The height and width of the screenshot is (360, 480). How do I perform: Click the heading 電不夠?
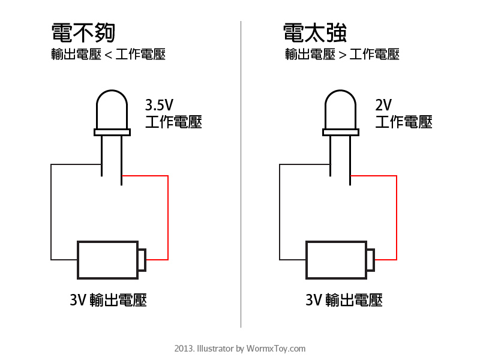pos(83,34)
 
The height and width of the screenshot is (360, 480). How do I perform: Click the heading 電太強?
pos(315,34)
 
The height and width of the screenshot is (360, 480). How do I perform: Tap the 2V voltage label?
pos(383,106)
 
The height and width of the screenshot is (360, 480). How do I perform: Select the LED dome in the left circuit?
pos(112,111)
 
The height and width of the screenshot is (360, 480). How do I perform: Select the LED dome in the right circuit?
pos(341,111)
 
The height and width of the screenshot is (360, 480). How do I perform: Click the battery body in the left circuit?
pos(107,260)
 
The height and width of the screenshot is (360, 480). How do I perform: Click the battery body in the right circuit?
pos(337,260)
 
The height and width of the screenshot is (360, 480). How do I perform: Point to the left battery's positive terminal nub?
pos(142,260)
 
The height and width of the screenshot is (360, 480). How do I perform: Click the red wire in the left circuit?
pos(168,216)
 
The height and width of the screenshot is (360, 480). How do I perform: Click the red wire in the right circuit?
pos(397,216)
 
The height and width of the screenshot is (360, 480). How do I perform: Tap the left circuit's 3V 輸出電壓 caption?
pos(108,299)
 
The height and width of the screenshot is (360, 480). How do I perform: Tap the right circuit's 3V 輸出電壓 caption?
pos(344,299)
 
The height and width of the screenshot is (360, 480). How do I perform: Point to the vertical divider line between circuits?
pos(241,180)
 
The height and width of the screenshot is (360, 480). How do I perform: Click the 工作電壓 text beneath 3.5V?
pos(173,122)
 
